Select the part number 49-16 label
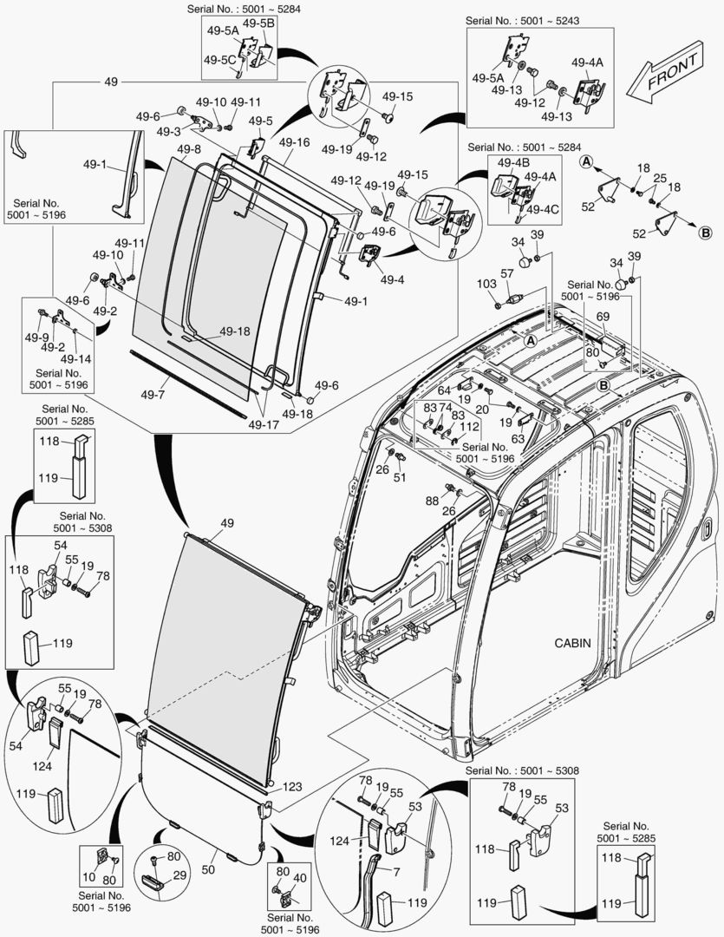(294, 142)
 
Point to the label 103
(486, 284)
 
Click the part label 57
(506, 273)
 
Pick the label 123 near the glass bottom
(292, 787)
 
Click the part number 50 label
(207, 868)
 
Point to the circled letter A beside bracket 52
(586, 162)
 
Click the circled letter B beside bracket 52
(706, 232)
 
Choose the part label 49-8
(189, 150)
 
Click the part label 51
(400, 477)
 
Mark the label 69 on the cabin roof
(603, 318)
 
